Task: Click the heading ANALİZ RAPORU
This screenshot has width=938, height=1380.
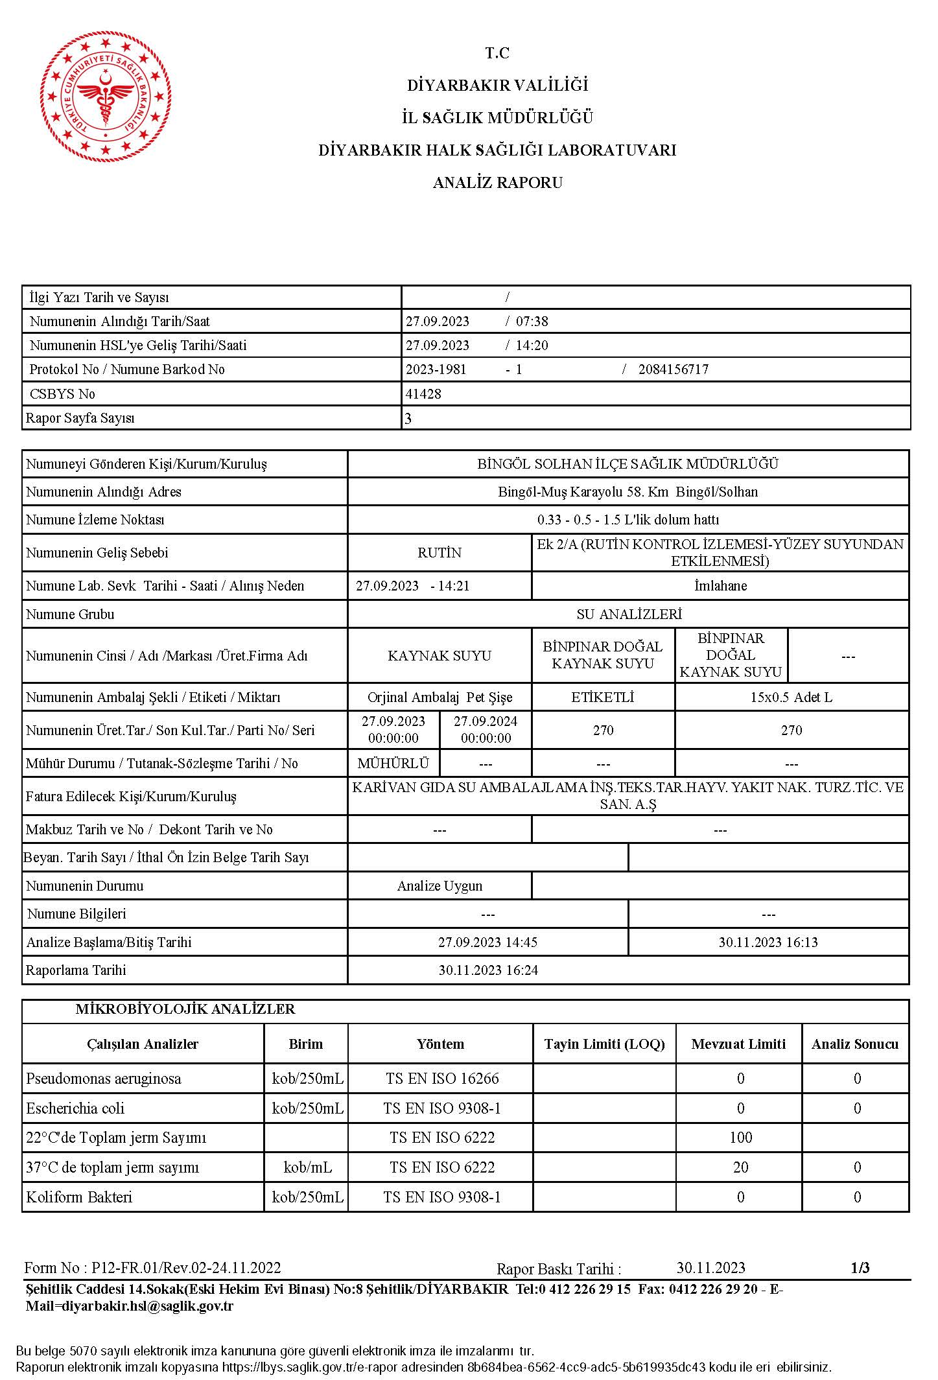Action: (497, 183)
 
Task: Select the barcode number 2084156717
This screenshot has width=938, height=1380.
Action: (673, 369)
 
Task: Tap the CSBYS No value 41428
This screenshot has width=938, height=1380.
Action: (423, 394)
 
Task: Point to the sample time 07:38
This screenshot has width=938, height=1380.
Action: (532, 322)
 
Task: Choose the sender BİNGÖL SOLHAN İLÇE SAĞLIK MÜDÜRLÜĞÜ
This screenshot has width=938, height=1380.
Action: (627, 464)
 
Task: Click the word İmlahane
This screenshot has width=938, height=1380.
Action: (720, 586)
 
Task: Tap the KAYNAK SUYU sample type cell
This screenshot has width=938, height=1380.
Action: (440, 656)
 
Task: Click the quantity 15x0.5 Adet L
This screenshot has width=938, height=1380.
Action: (791, 697)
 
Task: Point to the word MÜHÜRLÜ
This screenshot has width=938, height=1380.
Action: (393, 764)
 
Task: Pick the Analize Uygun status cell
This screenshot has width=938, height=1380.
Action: (440, 886)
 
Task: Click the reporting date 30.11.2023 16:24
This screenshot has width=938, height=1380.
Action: (488, 970)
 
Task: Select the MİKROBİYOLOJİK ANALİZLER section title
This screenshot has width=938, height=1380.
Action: (185, 1009)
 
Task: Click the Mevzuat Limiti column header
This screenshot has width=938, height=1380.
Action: (738, 1044)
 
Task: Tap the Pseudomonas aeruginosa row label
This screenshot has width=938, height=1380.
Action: (104, 1079)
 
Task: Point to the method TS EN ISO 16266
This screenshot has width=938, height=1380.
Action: (442, 1079)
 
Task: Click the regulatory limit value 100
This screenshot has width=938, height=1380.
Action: (740, 1138)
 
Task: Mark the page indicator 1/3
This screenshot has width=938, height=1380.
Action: (860, 1268)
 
